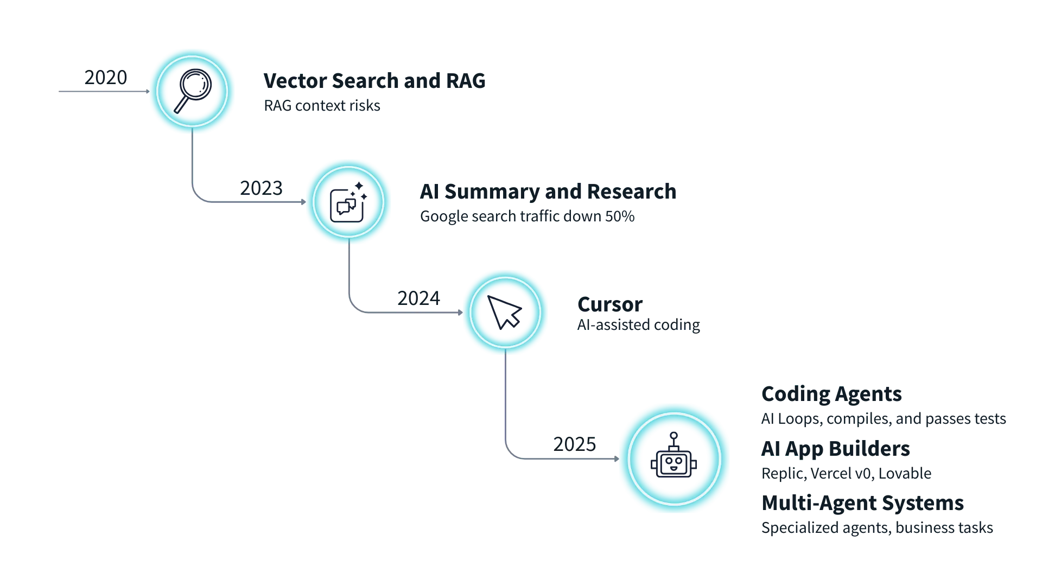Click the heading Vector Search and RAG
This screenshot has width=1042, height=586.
tap(374, 81)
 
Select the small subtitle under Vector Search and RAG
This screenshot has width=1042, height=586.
tap(322, 105)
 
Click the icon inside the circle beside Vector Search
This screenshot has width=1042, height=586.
tap(193, 91)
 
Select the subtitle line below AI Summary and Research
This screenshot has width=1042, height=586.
tap(525, 217)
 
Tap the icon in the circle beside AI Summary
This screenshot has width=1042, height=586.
tap(348, 202)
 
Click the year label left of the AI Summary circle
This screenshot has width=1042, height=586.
tap(260, 187)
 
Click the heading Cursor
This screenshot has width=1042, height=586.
tap(609, 305)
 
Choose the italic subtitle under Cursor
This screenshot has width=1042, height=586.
tap(639, 326)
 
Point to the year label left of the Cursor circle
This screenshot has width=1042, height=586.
tap(416, 298)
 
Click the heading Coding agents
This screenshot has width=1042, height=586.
tap(833, 392)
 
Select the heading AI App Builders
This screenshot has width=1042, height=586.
tap(836, 449)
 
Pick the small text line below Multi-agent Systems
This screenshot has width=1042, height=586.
tap(876, 528)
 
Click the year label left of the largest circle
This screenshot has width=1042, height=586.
tap(574, 445)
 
